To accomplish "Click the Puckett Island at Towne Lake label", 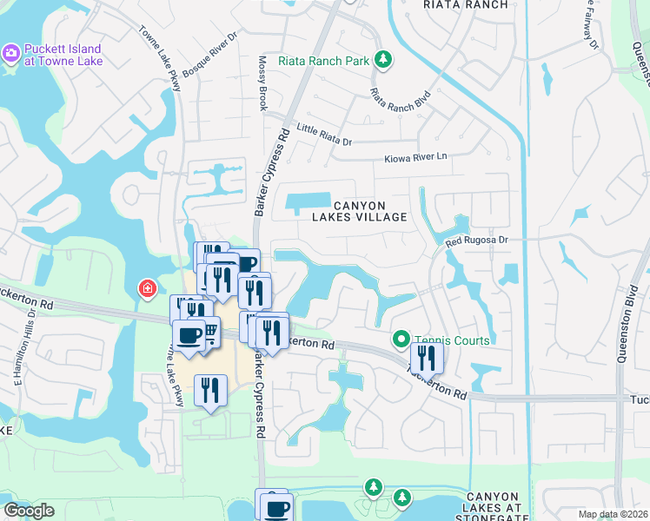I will (63, 55).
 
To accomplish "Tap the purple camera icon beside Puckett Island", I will (11, 54).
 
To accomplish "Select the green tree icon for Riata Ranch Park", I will (383, 60).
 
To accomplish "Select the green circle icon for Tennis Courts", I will (401, 340).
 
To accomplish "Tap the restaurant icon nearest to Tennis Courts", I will (427, 357).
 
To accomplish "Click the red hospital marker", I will (148, 287).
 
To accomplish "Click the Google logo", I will (29, 511).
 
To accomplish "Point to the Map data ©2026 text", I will (613, 514).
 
